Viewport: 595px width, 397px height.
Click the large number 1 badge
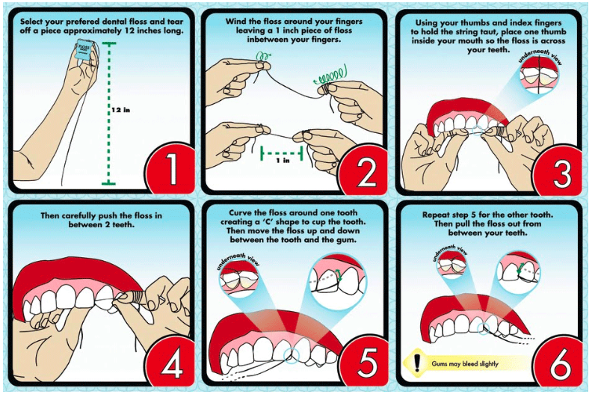coord(170,167)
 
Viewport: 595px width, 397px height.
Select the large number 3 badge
coord(560,167)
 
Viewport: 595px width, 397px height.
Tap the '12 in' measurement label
coord(121,110)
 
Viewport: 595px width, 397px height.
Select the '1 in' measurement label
coord(283,161)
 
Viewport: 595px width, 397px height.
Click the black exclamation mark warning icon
coord(417,362)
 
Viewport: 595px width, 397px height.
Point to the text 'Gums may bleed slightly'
coord(465,363)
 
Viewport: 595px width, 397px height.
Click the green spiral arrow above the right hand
coord(330,75)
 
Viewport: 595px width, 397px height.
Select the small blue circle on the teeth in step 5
coord(292,354)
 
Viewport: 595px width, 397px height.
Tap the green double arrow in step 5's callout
coord(338,275)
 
